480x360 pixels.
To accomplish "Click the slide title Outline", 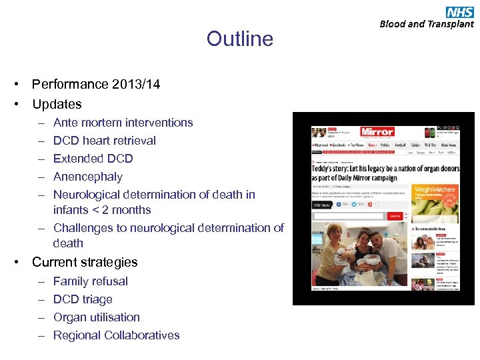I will pos(239,39).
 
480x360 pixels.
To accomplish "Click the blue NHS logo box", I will pos(459,11).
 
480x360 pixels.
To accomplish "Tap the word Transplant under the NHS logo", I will pos(451,24).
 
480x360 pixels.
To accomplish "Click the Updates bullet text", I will pos(57,104).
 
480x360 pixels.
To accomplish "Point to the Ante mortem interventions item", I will pos(123,123).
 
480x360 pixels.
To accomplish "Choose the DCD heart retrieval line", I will pos(104,141).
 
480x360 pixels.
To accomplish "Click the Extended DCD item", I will pos(93,159).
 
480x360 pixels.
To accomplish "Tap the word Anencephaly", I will pos(87,177).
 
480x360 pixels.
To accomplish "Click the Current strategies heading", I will pos(85,262).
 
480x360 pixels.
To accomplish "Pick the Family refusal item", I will pos(90,281).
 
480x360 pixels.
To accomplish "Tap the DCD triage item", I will pos(83,299).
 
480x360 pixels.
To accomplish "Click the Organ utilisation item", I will pos(96,317).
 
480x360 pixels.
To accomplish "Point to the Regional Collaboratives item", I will pos(116,335).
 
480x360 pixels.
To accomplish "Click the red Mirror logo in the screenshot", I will pos(377,132).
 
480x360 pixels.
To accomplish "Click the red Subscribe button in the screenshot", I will pos(395,216).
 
